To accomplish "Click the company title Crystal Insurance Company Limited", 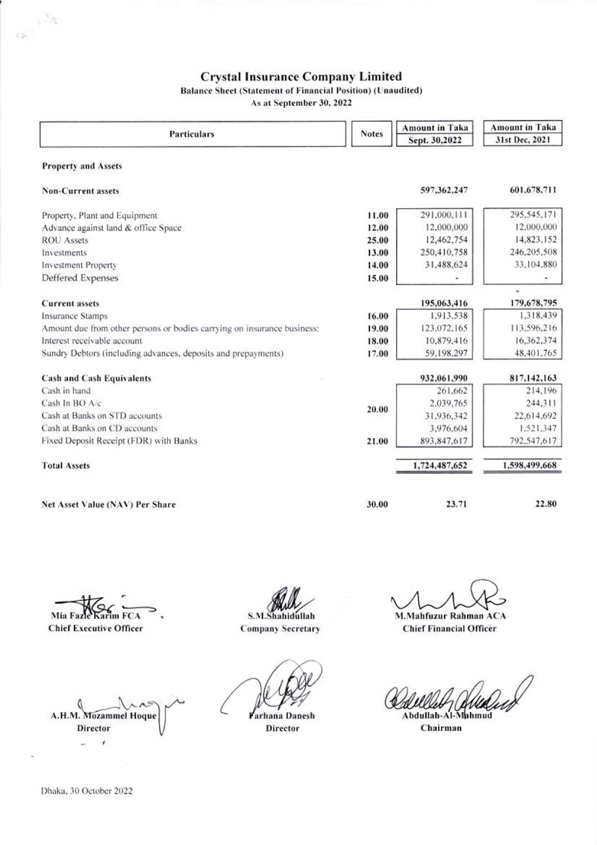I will pos(302,76).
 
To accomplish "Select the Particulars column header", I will pos(195,134).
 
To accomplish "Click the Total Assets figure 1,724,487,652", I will pos(440,465).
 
